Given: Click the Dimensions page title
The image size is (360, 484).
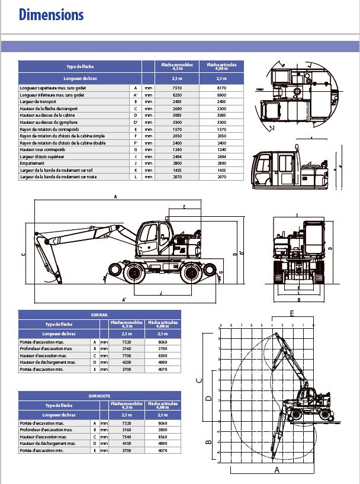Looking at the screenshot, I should click(x=51, y=15).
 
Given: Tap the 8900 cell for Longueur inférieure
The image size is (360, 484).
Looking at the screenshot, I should click(x=221, y=94).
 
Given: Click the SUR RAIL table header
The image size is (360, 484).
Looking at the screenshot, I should click(x=99, y=315).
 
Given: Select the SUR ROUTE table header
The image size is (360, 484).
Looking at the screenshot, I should click(x=99, y=395).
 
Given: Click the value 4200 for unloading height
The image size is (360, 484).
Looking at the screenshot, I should click(x=127, y=362).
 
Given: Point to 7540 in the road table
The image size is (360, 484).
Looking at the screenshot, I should click(x=127, y=437).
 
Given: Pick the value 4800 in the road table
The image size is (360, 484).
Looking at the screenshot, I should click(x=163, y=444).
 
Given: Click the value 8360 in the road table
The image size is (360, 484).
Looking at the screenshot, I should click(x=163, y=437).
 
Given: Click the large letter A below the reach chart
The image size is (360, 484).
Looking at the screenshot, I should click(x=276, y=470).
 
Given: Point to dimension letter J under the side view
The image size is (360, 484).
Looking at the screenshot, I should click(x=160, y=293).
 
